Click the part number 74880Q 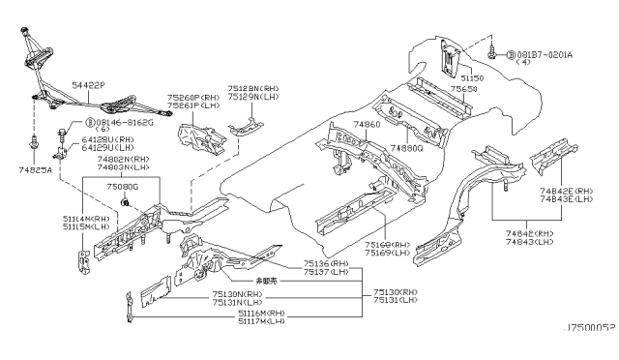(407, 148)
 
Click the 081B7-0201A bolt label (545, 55)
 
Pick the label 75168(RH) (386, 246)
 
